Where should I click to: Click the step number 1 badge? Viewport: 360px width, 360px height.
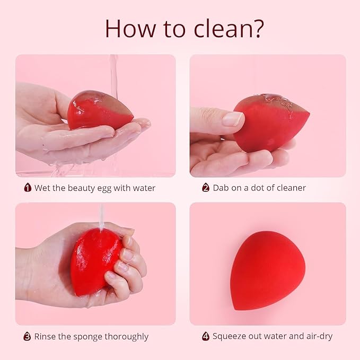(x=28, y=188)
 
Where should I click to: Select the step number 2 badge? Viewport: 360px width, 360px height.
(x=206, y=188)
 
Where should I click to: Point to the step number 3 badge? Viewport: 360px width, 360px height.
(x=27, y=336)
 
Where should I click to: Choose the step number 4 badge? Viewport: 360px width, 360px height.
(x=206, y=336)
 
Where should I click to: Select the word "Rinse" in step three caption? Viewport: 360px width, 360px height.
(x=46, y=336)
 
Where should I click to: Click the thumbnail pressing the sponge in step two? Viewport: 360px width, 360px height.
(x=233, y=118)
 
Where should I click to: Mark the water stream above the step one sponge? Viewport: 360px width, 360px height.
(x=113, y=74)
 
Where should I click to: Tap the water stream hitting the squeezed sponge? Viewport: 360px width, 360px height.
(x=100, y=217)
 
